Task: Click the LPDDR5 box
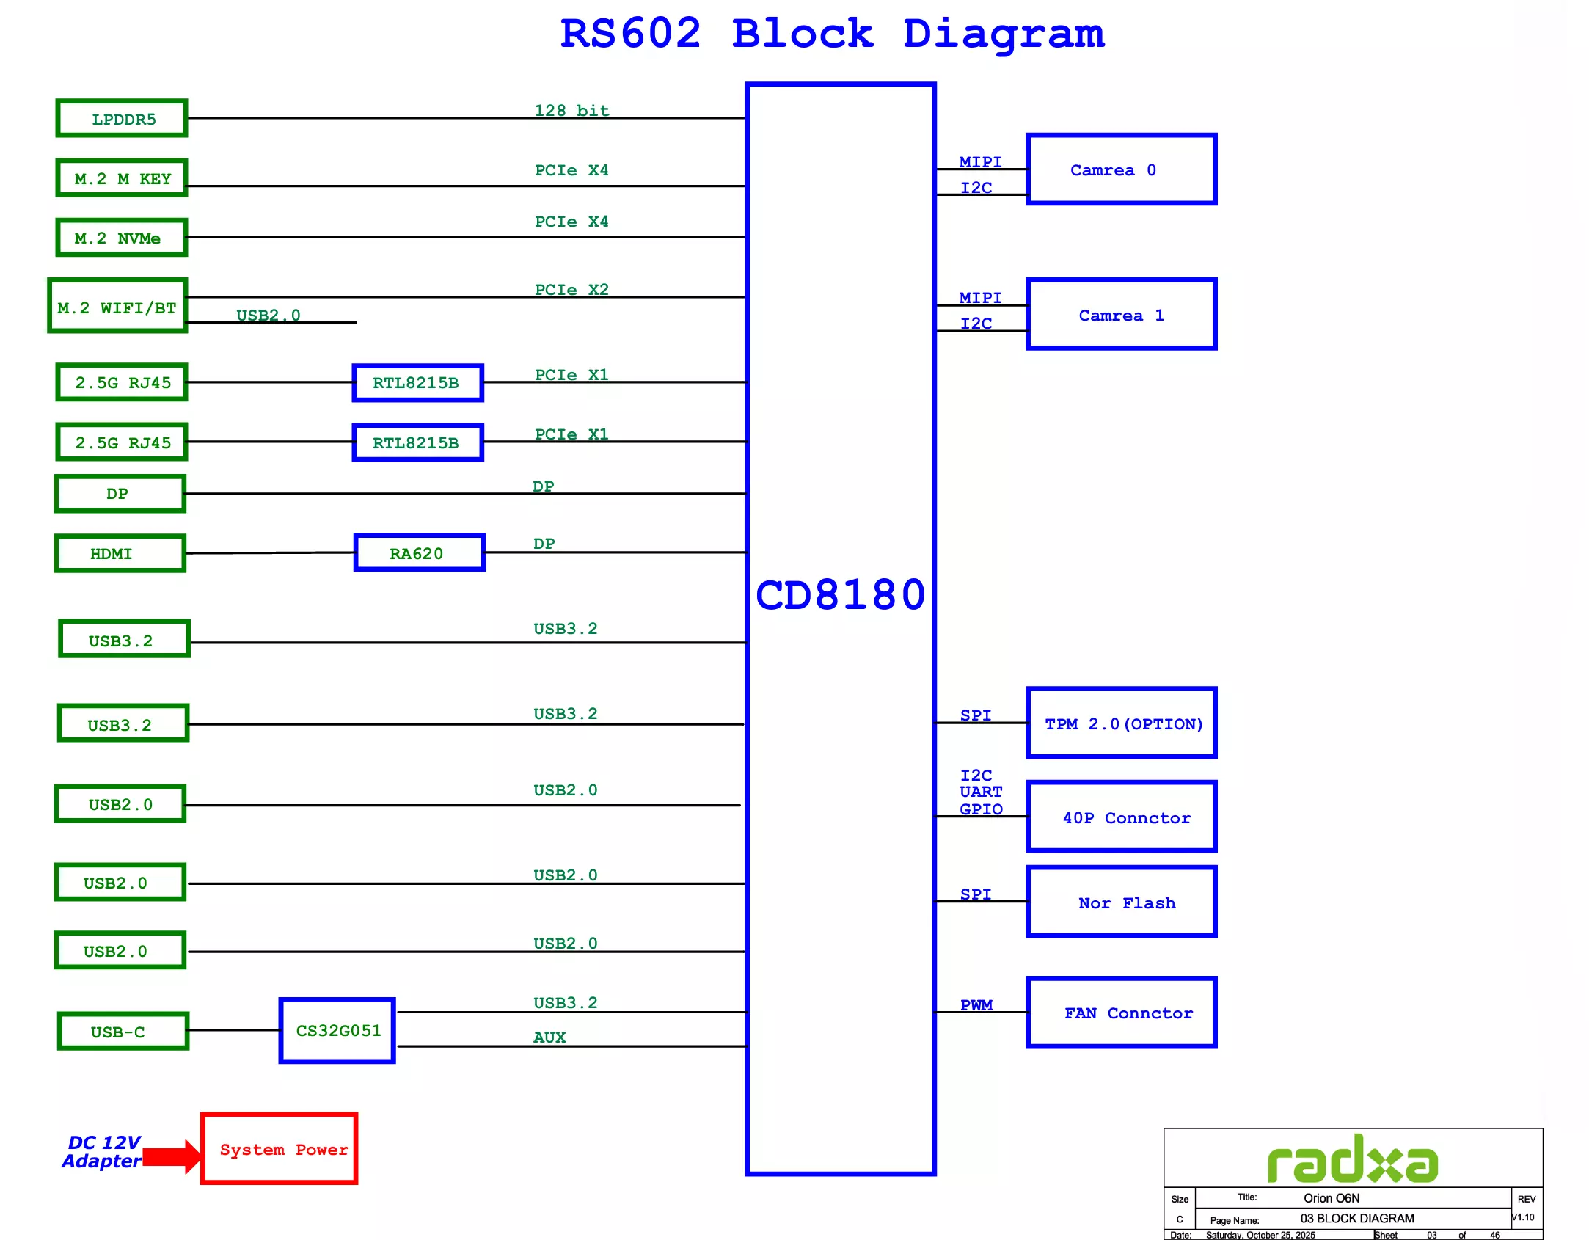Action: (122, 118)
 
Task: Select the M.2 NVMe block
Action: (122, 238)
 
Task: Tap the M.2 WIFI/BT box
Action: (117, 306)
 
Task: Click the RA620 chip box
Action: (419, 552)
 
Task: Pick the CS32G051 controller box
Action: (337, 1030)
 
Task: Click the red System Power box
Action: (280, 1148)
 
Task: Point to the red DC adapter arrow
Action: (171, 1156)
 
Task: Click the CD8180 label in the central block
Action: (841, 594)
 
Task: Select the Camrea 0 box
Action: (1121, 169)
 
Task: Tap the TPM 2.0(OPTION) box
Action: (1121, 723)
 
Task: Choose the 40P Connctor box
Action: (1121, 817)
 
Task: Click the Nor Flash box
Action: (1121, 902)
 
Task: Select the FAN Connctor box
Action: (1121, 1013)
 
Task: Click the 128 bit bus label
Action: (571, 110)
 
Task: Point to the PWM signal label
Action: (976, 1004)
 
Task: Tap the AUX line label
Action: (549, 1037)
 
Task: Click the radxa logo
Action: (1352, 1160)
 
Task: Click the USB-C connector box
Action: (123, 1031)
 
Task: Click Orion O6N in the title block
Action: (1331, 1198)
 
